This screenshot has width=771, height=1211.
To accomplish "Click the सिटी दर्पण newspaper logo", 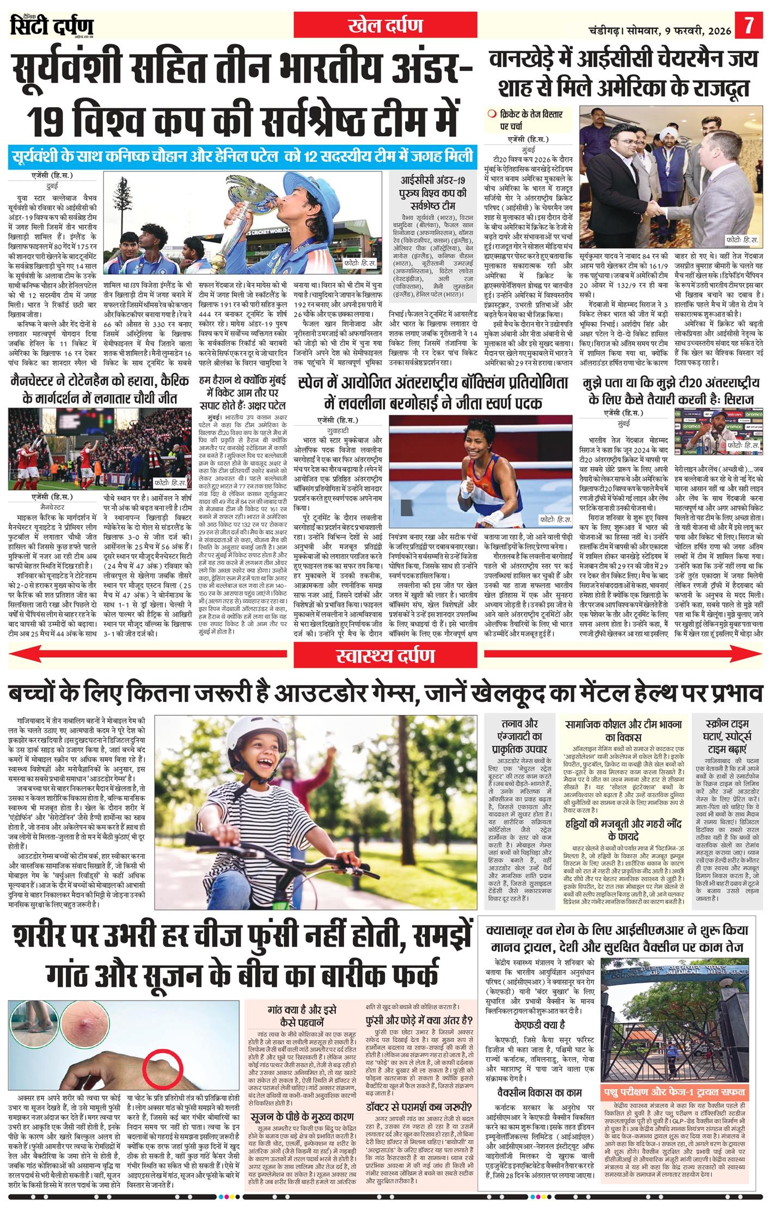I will pyautogui.click(x=52, y=26).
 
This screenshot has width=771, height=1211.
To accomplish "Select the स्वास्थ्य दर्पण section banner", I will pyautogui.click(x=385, y=657).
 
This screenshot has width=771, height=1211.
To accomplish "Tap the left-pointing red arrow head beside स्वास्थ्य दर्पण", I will pyautogui.click(x=16, y=657).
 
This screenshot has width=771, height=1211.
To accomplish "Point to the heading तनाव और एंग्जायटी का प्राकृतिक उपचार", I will pyautogui.click(x=520, y=736).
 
